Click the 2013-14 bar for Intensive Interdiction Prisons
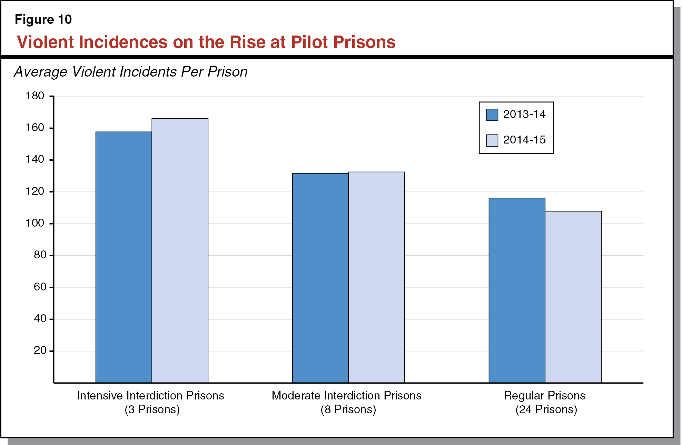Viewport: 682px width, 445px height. click(x=123, y=257)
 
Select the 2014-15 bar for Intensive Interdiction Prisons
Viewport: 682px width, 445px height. click(x=180, y=250)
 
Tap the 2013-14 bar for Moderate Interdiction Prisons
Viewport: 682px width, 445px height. click(x=320, y=278)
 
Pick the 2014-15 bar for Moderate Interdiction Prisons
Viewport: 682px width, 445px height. click(x=376, y=277)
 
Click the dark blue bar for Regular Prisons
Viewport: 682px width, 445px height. click(x=517, y=290)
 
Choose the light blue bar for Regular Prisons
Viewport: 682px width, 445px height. click(x=573, y=297)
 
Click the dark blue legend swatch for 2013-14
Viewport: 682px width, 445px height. click(x=492, y=115)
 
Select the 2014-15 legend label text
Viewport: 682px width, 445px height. click(x=524, y=140)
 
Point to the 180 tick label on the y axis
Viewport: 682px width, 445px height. click(x=35, y=96)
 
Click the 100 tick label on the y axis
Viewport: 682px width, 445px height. click(x=35, y=223)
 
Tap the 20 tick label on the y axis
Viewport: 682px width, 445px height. click(x=40, y=350)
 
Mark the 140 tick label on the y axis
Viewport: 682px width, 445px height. click(x=35, y=159)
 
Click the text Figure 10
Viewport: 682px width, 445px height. click(x=43, y=20)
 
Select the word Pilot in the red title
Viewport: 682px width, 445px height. click(x=309, y=42)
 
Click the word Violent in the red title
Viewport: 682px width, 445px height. click(x=45, y=42)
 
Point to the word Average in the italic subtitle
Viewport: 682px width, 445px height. click(x=40, y=72)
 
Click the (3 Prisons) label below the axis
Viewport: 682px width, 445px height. click(x=152, y=409)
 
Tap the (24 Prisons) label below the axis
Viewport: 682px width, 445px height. click(x=546, y=409)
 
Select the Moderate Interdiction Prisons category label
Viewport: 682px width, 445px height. click(x=346, y=395)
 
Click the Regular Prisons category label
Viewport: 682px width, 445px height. click(x=544, y=395)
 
